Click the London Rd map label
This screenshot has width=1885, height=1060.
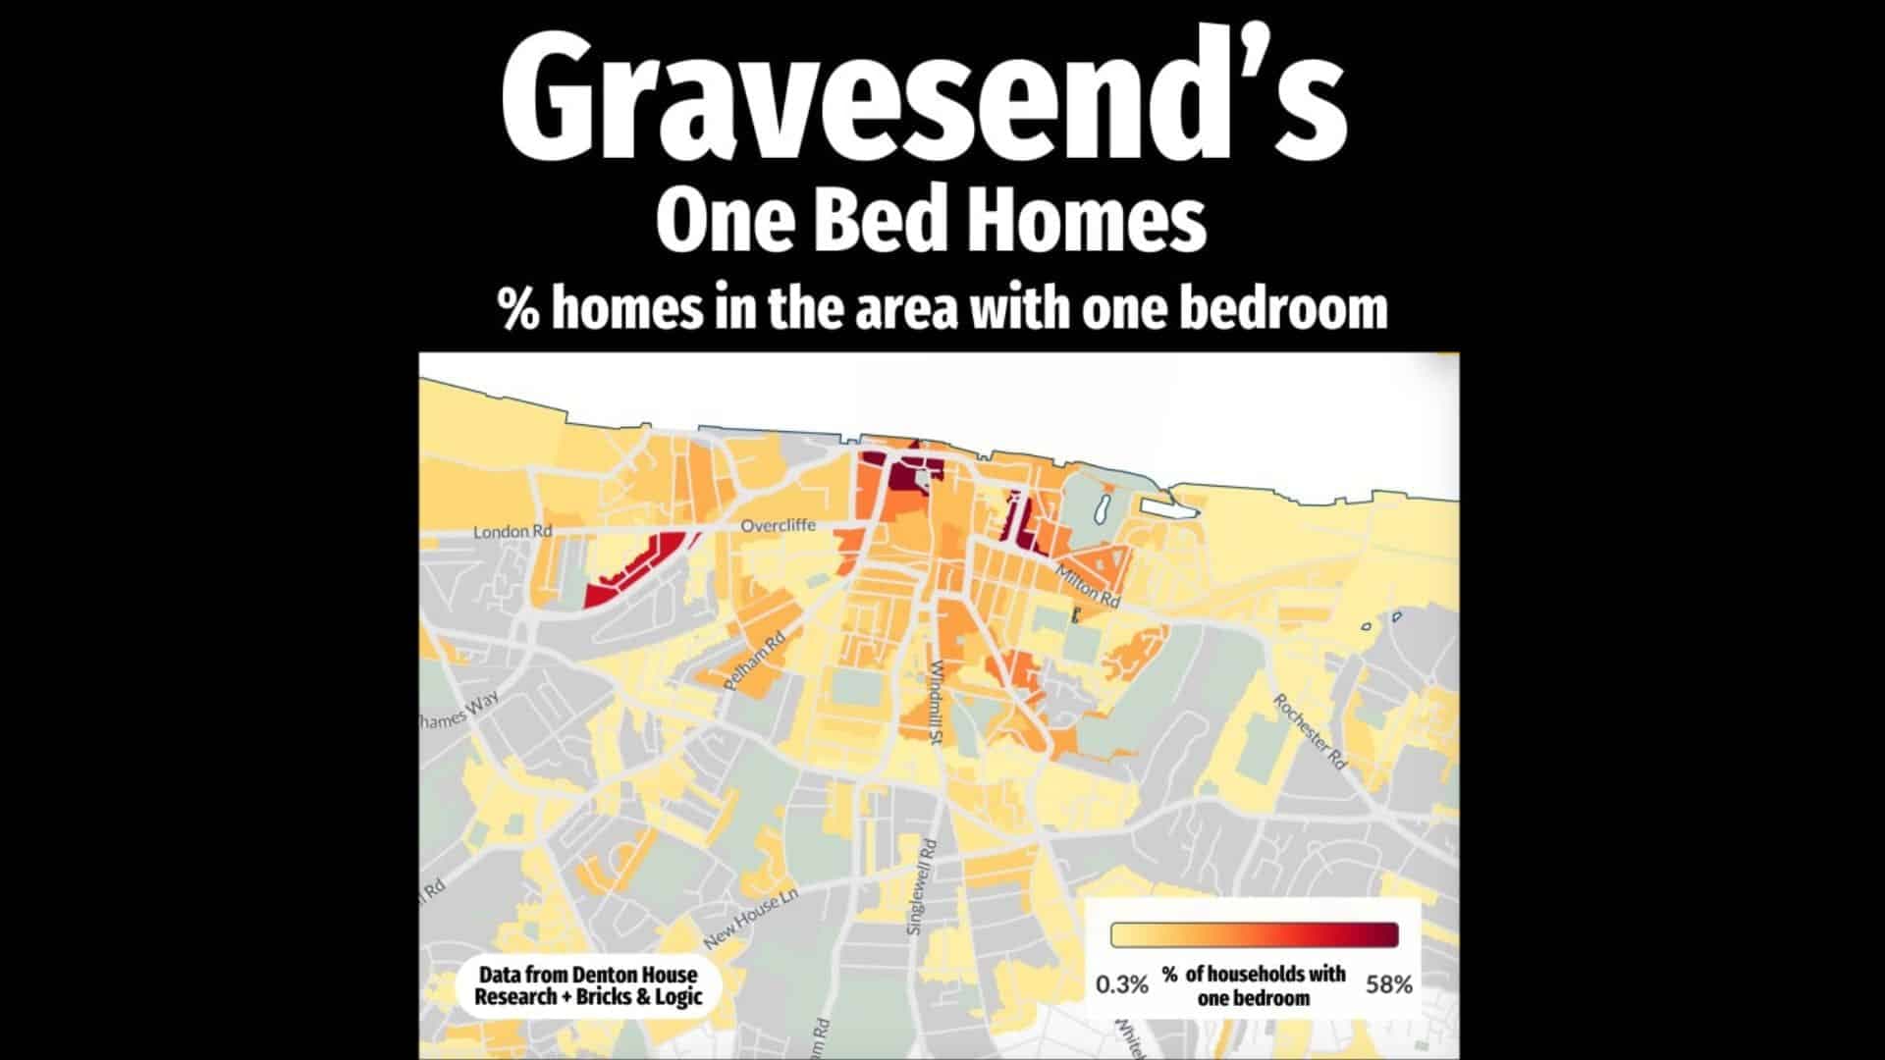[512, 532]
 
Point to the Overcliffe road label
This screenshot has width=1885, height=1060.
[778, 526]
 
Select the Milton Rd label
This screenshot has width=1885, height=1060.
[1088, 585]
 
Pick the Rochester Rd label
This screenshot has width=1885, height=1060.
[1309, 731]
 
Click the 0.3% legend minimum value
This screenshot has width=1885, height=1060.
[1121, 984]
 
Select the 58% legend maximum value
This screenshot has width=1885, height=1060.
[1388, 984]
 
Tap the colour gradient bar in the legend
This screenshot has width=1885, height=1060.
[1254, 934]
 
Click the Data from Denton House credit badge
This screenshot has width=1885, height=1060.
[588, 986]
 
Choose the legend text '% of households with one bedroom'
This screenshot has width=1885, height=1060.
[1254, 985]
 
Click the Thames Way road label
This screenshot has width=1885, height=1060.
[459, 710]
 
